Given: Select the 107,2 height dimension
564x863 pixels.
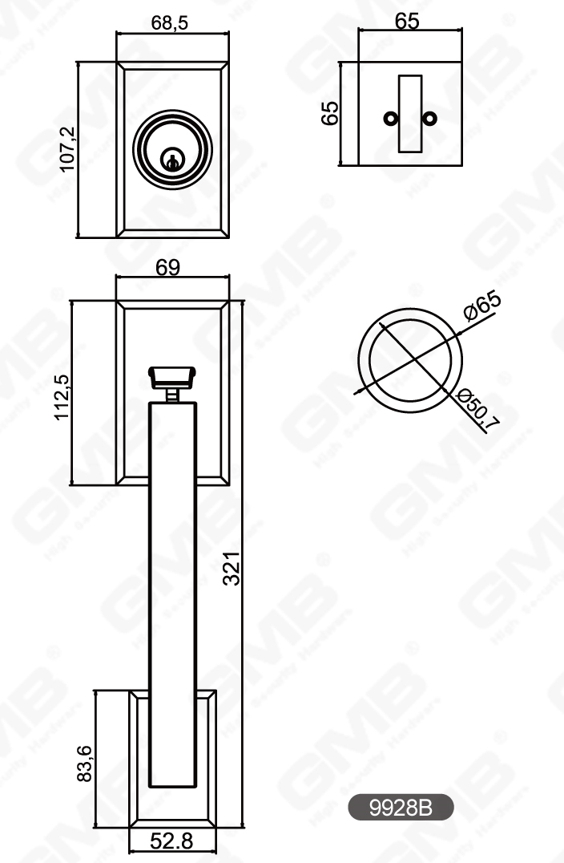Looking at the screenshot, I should pyautogui.click(x=67, y=149).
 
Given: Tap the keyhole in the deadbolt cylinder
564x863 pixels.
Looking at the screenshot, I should pyautogui.click(x=171, y=158).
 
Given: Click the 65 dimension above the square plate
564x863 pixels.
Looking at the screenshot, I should pyautogui.click(x=407, y=22).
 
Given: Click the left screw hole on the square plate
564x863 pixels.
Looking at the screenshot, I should pyautogui.click(x=390, y=119).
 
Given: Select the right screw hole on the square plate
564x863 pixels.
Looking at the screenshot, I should pyautogui.click(x=432, y=119).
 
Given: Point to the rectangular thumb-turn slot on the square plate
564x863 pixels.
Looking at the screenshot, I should pyautogui.click(x=411, y=113).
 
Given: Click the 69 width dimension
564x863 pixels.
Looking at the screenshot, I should pyautogui.click(x=167, y=268).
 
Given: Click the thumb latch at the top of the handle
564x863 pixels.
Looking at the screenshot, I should pyautogui.click(x=172, y=375).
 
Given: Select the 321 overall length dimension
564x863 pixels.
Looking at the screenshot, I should pyautogui.click(x=232, y=569).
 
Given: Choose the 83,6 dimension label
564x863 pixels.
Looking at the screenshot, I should pyautogui.click(x=86, y=763).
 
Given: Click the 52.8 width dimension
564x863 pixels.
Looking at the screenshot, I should pyautogui.click(x=172, y=841).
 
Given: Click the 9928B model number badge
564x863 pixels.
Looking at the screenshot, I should pyautogui.click(x=401, y=808).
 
